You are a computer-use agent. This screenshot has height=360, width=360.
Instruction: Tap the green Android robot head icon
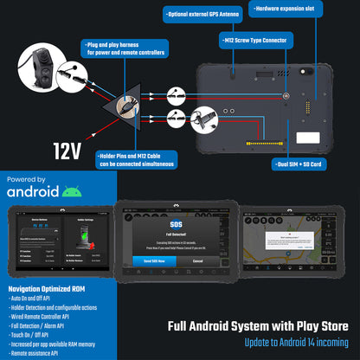tap(73, 191)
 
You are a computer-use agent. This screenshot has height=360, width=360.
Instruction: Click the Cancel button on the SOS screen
tap(197, 260)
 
